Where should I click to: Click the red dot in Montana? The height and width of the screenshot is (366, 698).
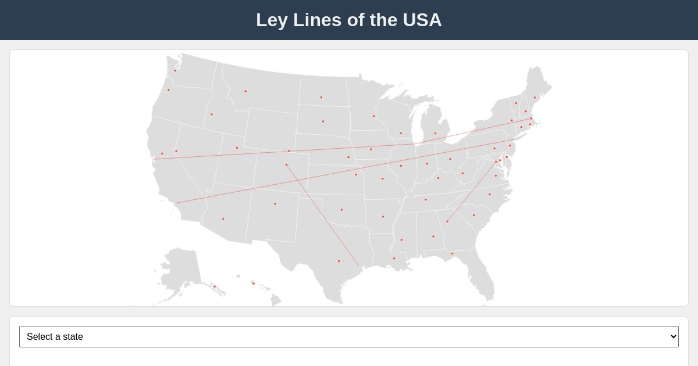(x=245, y=91)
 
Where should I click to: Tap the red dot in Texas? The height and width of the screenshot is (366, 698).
(x=339, y=261)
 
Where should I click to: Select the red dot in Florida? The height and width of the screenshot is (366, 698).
(x=452, y=253)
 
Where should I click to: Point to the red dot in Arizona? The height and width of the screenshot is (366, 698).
(x=223, y=219)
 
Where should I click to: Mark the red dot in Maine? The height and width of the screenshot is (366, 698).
(x=535, y=98)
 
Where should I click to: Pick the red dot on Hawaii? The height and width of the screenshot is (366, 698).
(x=253, y=284)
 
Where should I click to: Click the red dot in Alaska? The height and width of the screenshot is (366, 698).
(x=214, y=286)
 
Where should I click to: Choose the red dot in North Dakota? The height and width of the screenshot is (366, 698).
(x=321, y=97)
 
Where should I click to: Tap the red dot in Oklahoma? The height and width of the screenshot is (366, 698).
(x=341, y=210)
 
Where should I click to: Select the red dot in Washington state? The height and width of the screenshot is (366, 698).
(x=174, y=71)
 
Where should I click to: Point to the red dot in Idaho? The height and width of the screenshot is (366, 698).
(x=211, y=114)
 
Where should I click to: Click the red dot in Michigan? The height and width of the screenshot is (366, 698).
(x=435, y=133)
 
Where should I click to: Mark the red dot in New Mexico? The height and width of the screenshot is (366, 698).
(x=275, y=204)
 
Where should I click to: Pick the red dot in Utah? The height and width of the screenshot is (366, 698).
(x=237, y=148)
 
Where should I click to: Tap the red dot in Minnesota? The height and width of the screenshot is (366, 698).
(x=373, y=116)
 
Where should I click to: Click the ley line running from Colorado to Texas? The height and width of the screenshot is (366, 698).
(x=323, y=216)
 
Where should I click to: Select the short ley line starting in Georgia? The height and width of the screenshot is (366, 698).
(x=471, y=192)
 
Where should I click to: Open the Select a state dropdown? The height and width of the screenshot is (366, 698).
(x=349, y=337)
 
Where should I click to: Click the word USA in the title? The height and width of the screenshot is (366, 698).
(x=422, y=20)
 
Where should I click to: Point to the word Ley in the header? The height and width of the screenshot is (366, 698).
(x=272, y=20)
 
